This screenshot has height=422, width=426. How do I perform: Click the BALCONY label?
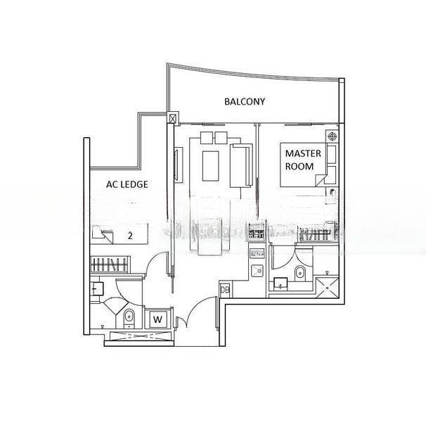[245, 101]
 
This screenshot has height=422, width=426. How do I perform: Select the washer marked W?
[158, 319]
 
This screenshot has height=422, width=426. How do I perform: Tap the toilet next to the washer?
[129, 318]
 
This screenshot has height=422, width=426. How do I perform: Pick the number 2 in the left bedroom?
[129, 236]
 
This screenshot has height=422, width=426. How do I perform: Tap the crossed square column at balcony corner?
[172, 119]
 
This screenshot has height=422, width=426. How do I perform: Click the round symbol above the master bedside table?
[330, 135]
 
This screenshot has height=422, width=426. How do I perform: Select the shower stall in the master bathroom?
[327, 286]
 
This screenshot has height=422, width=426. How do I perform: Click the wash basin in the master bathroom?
[280, 284]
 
